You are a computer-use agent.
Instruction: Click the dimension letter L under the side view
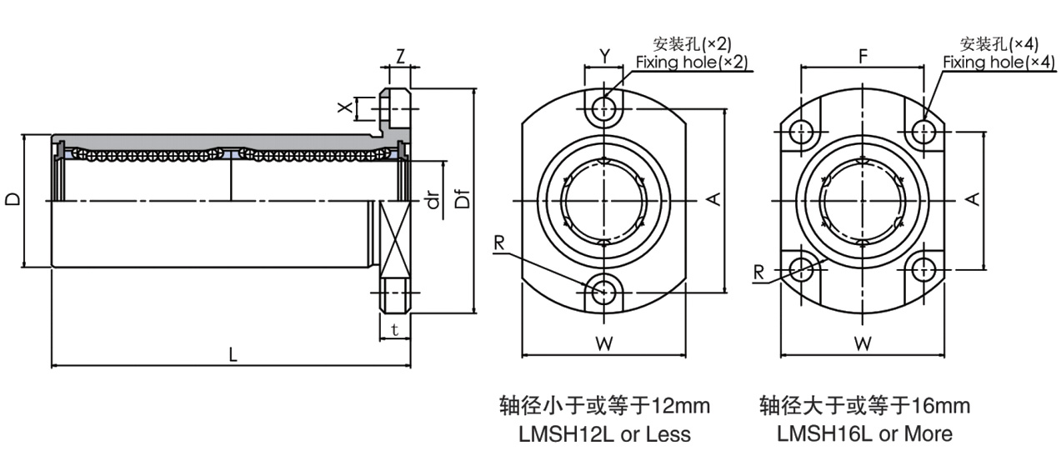(233, 354)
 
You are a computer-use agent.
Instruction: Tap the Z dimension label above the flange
(400, 56)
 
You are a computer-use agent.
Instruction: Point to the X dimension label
(343, 108)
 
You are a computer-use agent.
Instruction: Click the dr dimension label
(433, 201)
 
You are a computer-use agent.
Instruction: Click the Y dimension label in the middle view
(605, 56)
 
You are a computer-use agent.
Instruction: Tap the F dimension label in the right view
(863, 56)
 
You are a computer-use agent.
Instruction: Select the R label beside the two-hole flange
(499, 243)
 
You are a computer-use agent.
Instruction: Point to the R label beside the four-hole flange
(758, 272)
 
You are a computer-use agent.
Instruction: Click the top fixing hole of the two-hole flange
(605, 108)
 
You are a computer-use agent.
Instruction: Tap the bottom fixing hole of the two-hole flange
(605, 290)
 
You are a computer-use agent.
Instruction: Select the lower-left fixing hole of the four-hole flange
(803, 268)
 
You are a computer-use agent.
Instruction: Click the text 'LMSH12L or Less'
(605, 433)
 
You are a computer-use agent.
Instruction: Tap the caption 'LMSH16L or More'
(864, 433)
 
